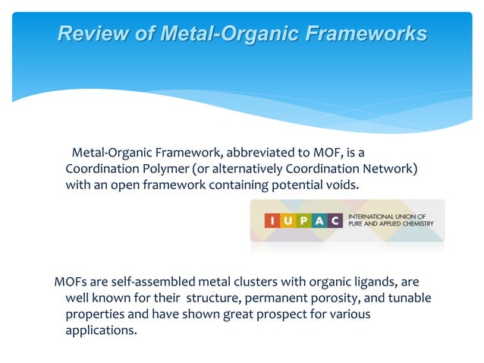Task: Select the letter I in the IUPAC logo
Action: point(274,221)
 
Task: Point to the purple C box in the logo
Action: point(333,221)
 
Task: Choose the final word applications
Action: point(102,331)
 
